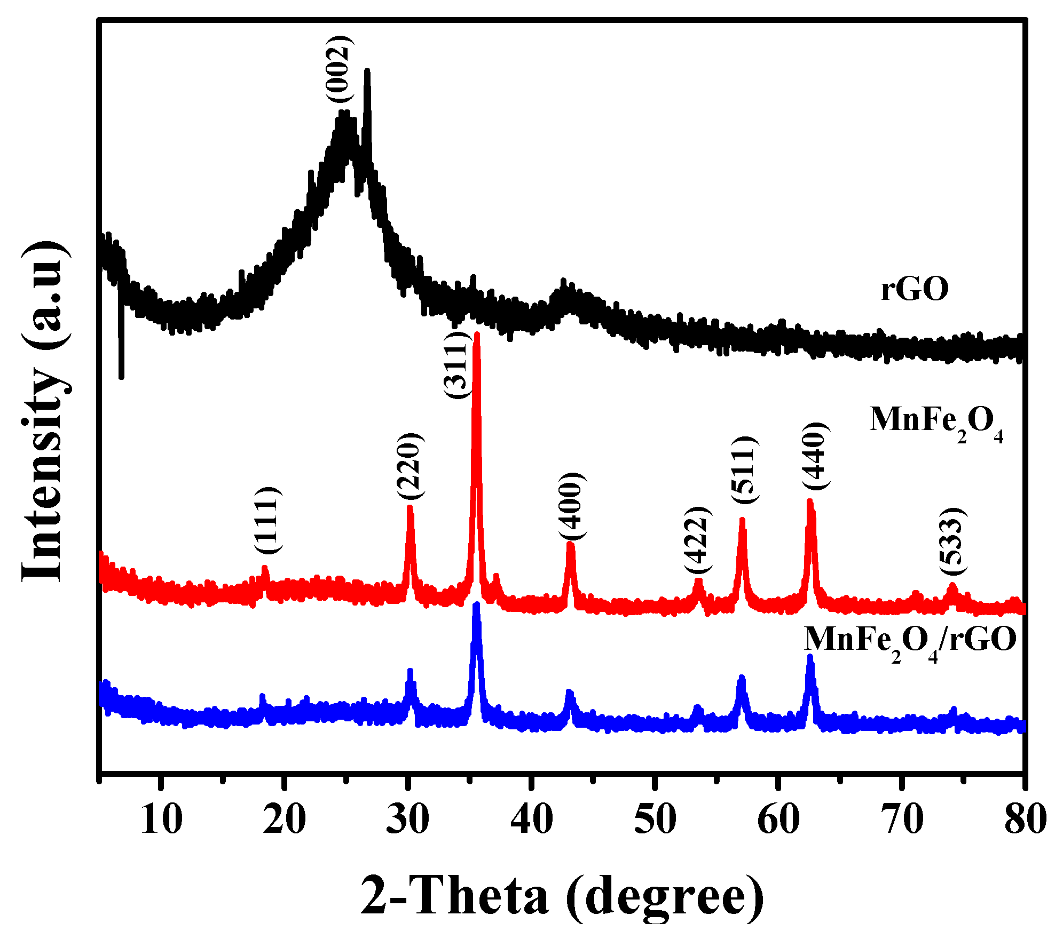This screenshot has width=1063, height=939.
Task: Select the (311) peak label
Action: tap(458, 364)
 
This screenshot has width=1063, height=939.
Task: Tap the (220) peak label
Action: tap(411, 466)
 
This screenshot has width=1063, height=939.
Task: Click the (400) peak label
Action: tap(572, 506)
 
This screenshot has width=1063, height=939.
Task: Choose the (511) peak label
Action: tap(744, 470)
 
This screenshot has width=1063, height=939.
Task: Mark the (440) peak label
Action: tap(816, 456)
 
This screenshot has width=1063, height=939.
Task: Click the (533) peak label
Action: tap(953, 541)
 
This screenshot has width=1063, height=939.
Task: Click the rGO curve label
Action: tap(915, 290)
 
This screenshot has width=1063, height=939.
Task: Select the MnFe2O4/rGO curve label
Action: tap(910, 640)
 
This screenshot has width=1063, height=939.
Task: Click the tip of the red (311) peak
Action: tap(477, 335)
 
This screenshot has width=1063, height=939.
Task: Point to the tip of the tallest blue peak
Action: tap(477, 604)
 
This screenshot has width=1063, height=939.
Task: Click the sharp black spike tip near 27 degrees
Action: tap(367, 70)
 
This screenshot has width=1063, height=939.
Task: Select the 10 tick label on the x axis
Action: tap(161, 819)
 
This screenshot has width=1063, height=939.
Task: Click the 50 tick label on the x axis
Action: tap(655, 819)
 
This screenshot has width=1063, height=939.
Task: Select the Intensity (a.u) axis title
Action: tap(45, 411)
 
